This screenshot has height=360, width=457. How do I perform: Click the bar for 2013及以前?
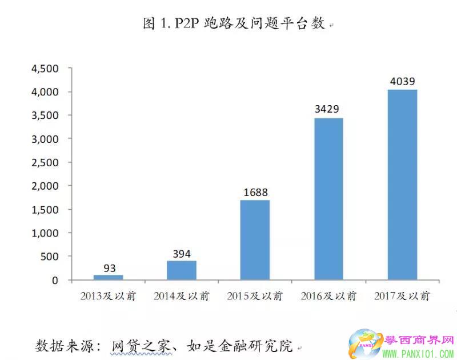108,278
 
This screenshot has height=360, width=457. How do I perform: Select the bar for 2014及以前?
182,271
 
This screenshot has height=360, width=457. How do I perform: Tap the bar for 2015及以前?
255,240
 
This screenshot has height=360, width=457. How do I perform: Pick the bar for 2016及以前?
328,199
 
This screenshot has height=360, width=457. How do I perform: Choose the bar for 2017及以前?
402,185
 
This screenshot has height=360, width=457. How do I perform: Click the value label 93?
109,267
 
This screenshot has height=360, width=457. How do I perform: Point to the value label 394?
182,254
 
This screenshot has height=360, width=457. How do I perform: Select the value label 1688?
255,193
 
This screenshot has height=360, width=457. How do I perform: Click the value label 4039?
402,82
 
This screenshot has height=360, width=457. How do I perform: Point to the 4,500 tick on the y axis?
45,69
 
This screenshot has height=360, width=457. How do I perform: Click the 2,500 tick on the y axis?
45,162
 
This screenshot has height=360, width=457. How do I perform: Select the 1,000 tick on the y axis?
45,233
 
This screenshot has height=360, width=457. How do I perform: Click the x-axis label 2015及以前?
255,296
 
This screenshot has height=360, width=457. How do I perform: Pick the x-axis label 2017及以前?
402,296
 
